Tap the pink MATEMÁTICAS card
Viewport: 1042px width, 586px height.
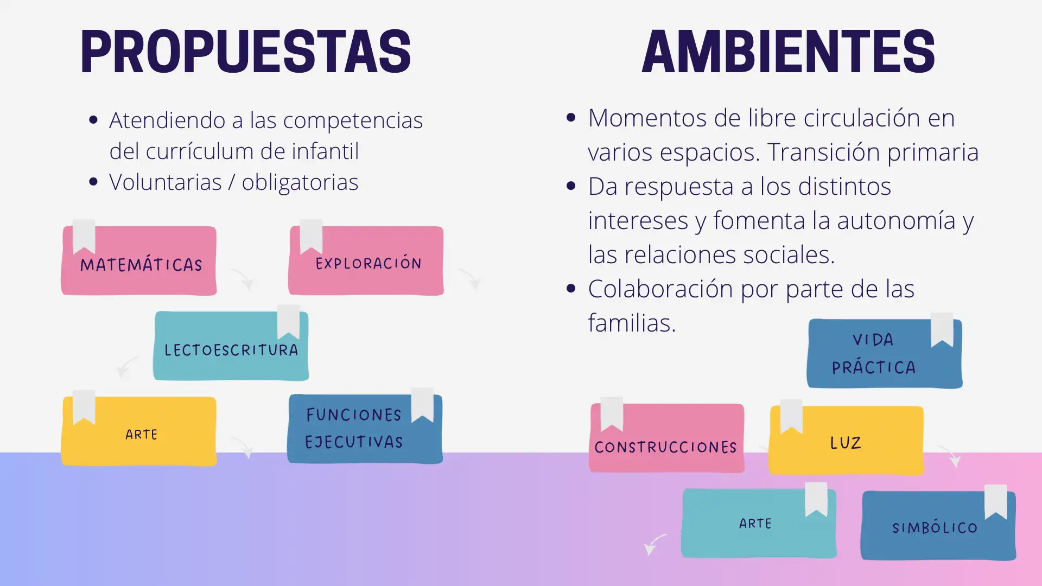[x=139, y=261]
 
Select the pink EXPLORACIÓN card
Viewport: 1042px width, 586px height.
[x=366, y=261]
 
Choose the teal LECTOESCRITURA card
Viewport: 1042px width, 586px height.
[x=231, y=346]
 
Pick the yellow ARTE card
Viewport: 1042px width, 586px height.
[x=139, y=431]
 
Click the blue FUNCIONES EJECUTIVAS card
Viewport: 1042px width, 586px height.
[x=365, y=429]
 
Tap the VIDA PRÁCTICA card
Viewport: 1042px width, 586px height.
[x=885, y=353]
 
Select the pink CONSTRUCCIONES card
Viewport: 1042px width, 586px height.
[x=666, y=438]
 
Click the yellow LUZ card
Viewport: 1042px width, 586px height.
[x=846, y=440]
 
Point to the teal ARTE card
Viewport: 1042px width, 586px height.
[x=759, y=523]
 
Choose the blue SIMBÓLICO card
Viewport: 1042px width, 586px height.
[x=938, y=525]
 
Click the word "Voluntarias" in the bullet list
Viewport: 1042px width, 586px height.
[x=166, y=182]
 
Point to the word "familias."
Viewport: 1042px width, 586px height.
[x=632, y=323]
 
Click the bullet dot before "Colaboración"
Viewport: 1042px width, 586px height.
[x=570, y=289]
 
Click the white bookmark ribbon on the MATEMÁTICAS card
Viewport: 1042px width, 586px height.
[x=84, y=237]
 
